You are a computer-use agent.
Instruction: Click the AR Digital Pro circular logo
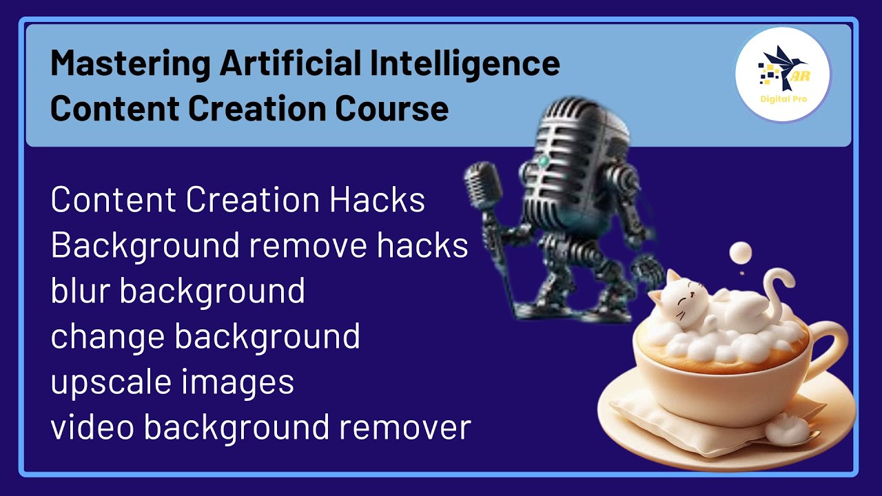782,75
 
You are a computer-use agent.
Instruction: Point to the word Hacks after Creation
377,200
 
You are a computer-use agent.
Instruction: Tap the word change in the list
107,337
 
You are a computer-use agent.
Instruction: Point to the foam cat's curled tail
781,289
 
